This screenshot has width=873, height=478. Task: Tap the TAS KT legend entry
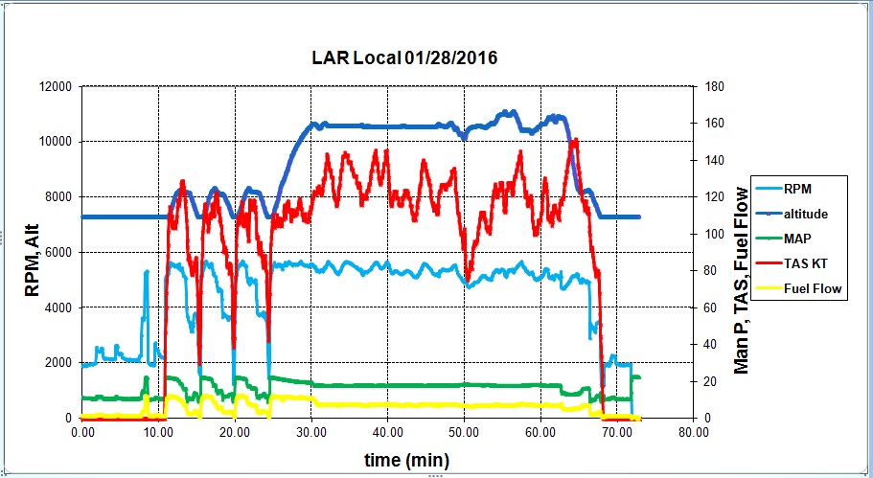pos(807,263)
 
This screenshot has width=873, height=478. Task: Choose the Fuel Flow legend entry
pos(813,288)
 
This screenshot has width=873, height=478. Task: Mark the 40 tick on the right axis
pos(709,345)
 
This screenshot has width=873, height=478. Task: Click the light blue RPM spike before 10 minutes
pos(147,272)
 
